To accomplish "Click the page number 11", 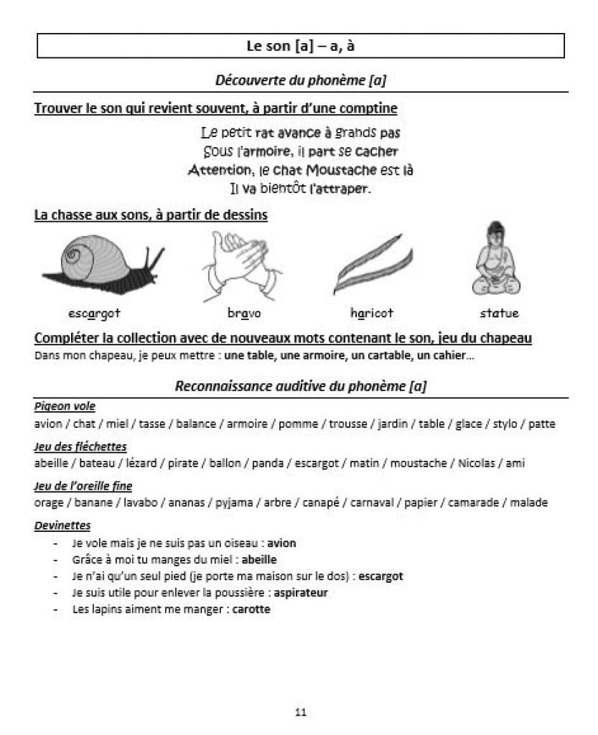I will pyautogui.click(x=300, y=712).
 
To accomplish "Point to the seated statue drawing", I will pyautogui.click(x=496, y=258).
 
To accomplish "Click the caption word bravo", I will pyautogui.click(x=244, y=313).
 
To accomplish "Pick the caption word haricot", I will pyautogui.click(x=371, y=313).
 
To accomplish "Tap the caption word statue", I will pyautogui.click(x=499, y=313).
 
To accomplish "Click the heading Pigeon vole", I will pyautogui.click(x=65, y=407).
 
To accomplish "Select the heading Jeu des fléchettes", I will pyautogui.click(x=80, y=446).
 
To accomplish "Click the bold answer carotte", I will pyautogui.click(x=251, y=609).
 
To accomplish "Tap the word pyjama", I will pyautogui.click(x=235, y=502).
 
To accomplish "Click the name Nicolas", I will pyautogui.click(x=477, y=463).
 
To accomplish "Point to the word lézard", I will pyautogui.click(x=141, y=463).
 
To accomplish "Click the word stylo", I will pyautogui.click(x=505, y=423).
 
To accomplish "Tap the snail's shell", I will pyautogui.click(x=90, y=254).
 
